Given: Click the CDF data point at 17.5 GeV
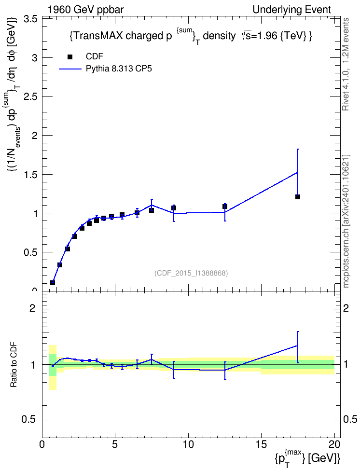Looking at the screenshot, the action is tap(297, 197).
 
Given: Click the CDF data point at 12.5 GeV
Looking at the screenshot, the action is tap(225, 207).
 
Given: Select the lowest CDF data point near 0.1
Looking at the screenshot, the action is tap(53, 282).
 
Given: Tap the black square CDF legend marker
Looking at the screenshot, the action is tap(70, 57).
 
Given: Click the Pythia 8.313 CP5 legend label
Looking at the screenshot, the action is tap(119, 69).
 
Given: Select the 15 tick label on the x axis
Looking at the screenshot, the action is tap(261, 444).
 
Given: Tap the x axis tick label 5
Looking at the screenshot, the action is tap(115, 444).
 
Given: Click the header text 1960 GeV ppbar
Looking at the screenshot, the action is tap(85, 10).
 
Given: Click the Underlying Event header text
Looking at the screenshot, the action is tap(292, 10).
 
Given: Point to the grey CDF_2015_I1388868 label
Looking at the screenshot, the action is tap(191, 273).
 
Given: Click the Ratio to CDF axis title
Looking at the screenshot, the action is tap(14, 365).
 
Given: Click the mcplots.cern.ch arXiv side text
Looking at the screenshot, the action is tap(346, 221).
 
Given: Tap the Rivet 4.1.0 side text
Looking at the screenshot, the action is tap(346, 64).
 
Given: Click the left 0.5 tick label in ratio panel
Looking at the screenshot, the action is tap(29, 420).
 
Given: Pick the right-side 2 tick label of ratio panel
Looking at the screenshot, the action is tap(346, 308).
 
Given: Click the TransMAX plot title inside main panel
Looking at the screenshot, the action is tap(191, 37).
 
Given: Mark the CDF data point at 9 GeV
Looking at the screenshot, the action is tap(174, 208).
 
